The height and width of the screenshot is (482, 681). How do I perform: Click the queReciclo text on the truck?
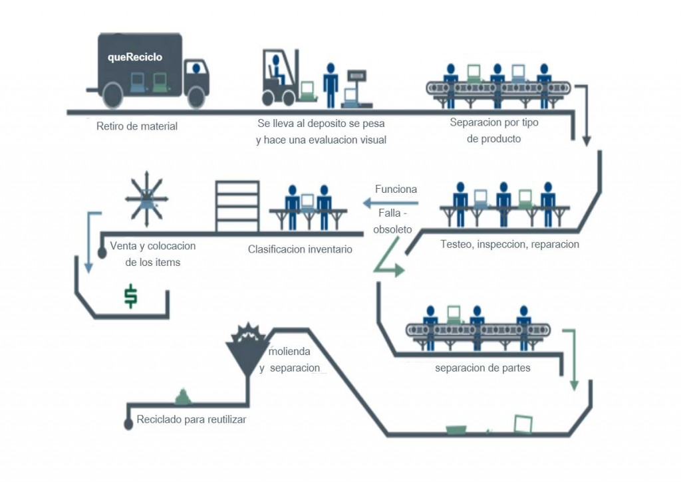(135, 57)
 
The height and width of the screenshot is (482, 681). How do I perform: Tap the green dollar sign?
(131, 296)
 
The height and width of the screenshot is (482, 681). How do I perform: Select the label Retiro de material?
(137, 126)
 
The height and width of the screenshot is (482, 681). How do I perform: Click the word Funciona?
(396, 189)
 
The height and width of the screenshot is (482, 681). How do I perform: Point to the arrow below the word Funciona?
(390, 202)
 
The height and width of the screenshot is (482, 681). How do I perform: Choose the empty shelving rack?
(237, 205)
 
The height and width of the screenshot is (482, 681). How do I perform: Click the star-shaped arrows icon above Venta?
(146, 197)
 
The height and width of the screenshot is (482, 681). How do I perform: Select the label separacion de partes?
(483, 368)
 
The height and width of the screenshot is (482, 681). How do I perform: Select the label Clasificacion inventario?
(300, 249)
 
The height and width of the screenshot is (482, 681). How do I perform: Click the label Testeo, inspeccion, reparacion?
(509, 244)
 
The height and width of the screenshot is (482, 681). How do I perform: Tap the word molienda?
(290, 351)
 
